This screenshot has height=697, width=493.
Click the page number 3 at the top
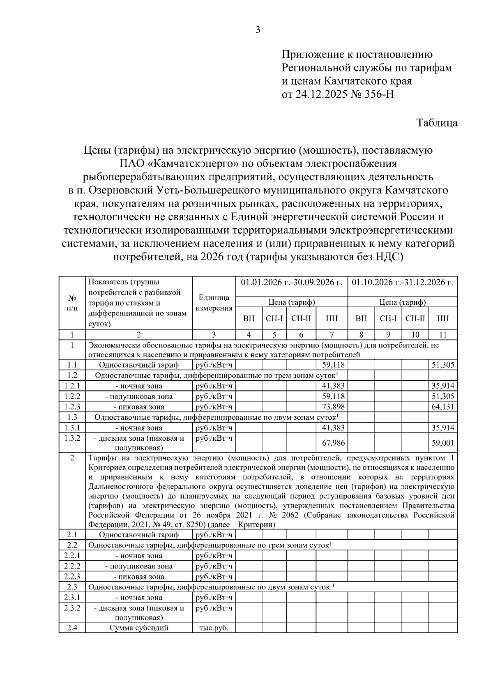(x=258, y=30)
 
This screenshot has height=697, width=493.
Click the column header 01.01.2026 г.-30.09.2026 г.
(x=291, y=283)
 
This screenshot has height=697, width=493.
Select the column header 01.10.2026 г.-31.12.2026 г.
(x=403, y=283)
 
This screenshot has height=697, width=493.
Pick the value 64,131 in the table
(x=443, y=407)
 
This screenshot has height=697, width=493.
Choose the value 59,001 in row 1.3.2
(x=443, y=443)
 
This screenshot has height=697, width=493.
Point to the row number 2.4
(x=72, y=628)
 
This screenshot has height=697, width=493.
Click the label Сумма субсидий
(x=139, y=628)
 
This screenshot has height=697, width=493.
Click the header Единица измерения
(x=214, y=303)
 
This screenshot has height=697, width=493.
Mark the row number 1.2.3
(x=72, y=407)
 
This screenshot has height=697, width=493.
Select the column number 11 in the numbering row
(x=443, y=335)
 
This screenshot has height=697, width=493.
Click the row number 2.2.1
(x=72, y=556)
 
